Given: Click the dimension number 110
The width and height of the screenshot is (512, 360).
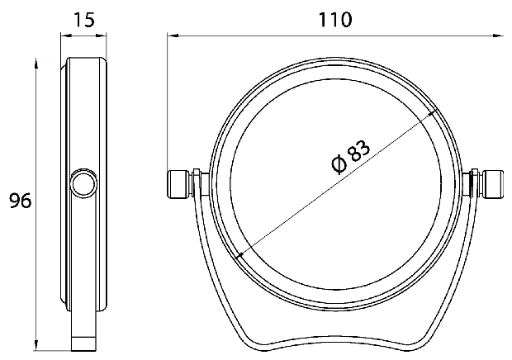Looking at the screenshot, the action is pyautogui.click(x=335, y=20).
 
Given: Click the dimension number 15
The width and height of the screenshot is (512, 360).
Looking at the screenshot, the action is pyautogui.click(x=84, y=20).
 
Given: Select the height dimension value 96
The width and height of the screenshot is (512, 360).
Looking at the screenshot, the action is pyautogui.click(x=20, y=201).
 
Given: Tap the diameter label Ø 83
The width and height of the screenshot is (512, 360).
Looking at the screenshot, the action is pyautogui.click(x=351, y=157).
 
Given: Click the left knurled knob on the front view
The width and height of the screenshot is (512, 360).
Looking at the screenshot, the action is pyautogui.click(x=178, y=184).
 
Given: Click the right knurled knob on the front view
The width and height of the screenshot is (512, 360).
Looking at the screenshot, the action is pyautogui.click(x=493, y=184).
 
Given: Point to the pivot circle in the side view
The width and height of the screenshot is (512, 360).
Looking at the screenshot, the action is pyautogui.click(x=83, y=184).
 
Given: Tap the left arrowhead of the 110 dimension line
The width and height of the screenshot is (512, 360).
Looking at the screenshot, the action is pyautogui.click(x=172, y=35).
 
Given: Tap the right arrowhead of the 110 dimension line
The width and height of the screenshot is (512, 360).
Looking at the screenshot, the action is pyautogui.click(x=498, y=35).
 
